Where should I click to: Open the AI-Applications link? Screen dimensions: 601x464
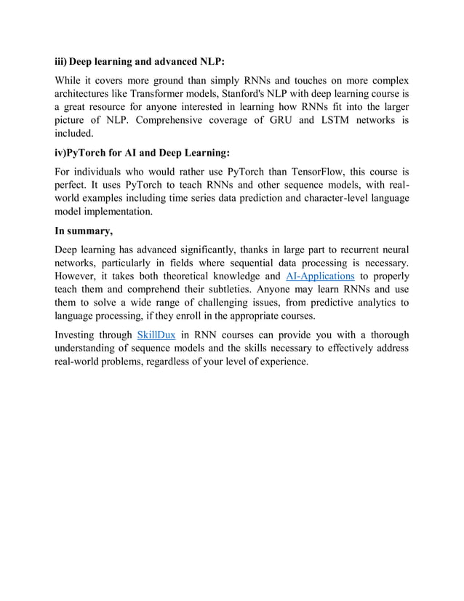point(321,276)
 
